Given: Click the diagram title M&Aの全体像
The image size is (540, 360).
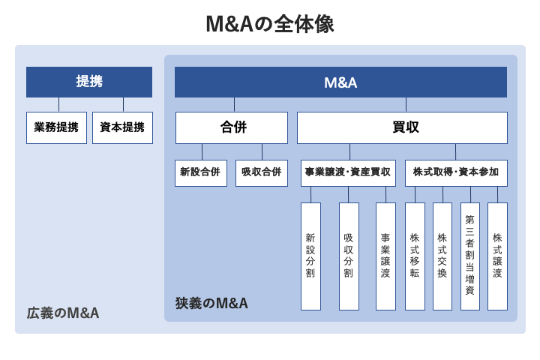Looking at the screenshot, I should (x=270, y=24).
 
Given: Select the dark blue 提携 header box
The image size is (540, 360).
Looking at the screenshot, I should (x=89, y=82).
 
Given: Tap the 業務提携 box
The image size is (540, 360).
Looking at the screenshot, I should (x=57, y=127).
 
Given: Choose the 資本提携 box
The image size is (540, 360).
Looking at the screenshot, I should (x=122, y=127).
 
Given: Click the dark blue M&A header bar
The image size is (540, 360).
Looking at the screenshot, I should (x=340, y=82).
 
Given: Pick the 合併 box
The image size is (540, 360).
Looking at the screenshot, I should (x=232, y=127).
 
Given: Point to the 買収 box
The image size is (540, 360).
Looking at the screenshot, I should (x=402, y=127).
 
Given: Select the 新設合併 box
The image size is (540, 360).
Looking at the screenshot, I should (x=200, y=172).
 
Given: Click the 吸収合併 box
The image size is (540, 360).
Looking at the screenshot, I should (x=262, y=172).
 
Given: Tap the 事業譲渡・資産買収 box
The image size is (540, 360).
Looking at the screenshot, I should (x=348, y=172).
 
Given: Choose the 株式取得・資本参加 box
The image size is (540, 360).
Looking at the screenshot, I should (x=455, y=172).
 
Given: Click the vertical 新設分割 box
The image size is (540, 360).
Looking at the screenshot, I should (x=310, y=256).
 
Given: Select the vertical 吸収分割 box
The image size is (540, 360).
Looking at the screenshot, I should (x=349, y=256).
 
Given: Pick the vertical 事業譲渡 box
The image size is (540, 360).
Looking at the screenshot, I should (x=385, y=256).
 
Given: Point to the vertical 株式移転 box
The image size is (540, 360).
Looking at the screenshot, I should (x=415, y=256).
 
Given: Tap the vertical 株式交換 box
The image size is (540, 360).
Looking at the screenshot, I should (x=442, y=256).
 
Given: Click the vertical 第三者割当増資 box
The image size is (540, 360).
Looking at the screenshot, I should (x=470, y=256).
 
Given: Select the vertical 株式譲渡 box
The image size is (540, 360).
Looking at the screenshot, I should (x=497, y=256).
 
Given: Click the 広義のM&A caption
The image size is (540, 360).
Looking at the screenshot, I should (x=63, y=312).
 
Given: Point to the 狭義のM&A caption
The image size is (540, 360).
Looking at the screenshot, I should (x=211, y=303).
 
